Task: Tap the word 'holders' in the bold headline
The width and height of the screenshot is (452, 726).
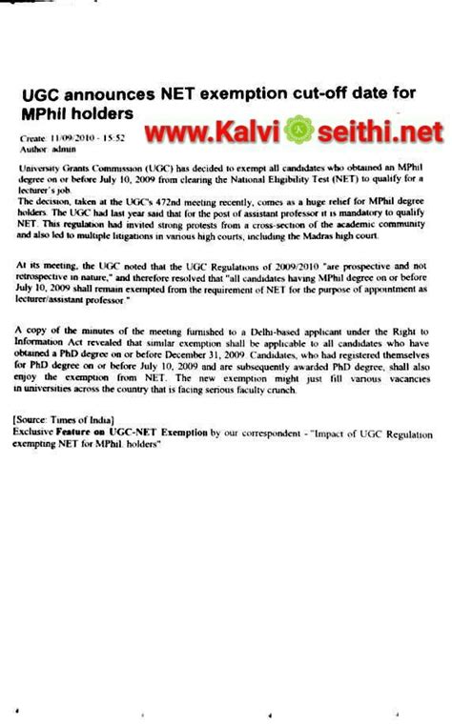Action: click(98, 113)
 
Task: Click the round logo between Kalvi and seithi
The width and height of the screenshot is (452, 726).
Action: click(270, 127)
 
